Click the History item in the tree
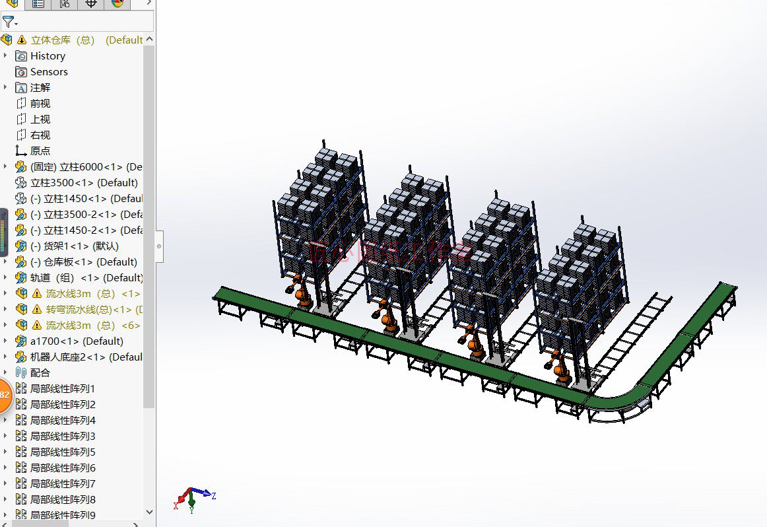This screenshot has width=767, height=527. tap(48, 56)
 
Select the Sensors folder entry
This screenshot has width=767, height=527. tap(48, 72)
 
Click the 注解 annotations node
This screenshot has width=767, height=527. tap(40, 88)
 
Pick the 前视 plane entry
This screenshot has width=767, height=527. tap(40, 104)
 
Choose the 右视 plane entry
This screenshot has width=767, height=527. tap(40, 135)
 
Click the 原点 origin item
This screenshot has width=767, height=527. tap(40, 151)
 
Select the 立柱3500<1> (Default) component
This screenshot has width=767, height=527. tap(84, 183)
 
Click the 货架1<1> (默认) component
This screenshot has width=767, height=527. tap(81, 246)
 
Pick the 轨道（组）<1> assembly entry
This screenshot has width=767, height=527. tap(86, 278)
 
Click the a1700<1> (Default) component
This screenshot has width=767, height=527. tap(77, 341)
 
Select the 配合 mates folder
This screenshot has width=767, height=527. tap(40, 373)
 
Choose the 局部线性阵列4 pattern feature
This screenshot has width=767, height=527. tap(63, 421)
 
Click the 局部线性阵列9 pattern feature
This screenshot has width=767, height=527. tap(63, 515)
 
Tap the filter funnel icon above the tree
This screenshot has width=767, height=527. tap(8, 22)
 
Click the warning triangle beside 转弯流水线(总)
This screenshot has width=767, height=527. tap(37, 310)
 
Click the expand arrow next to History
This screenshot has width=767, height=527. tap(5, 56)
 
